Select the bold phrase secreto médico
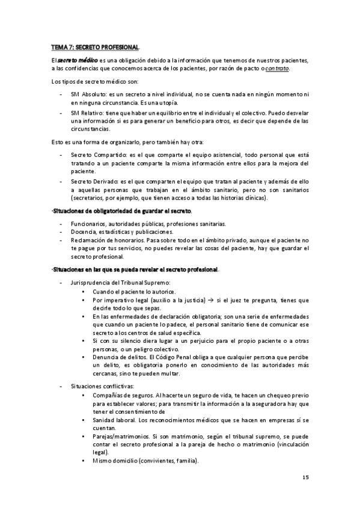(x=76, y=60)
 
